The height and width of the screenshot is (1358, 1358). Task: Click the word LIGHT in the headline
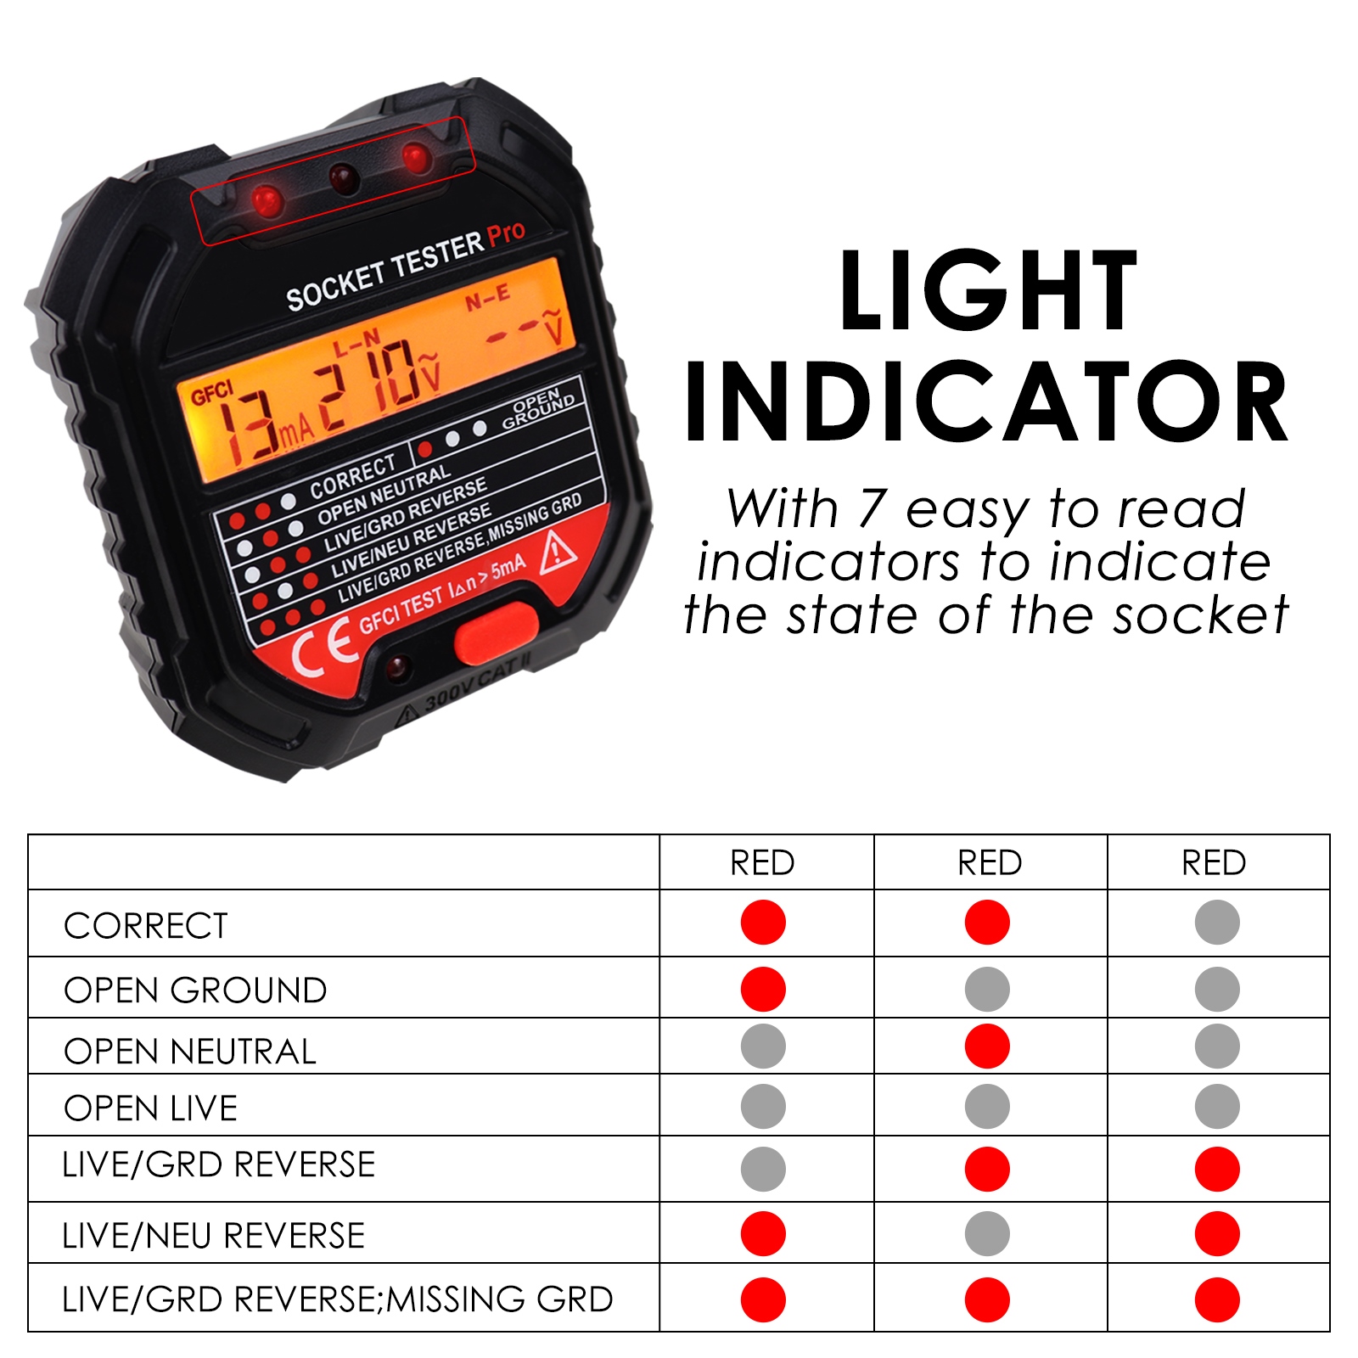pos(988,290)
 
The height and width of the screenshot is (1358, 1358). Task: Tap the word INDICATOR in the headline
pos(986,402)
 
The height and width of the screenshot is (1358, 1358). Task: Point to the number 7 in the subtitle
pos(870,508)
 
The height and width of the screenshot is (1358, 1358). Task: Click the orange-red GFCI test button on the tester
pos(496,633)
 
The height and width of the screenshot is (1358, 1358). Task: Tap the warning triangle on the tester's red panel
pos(558,549)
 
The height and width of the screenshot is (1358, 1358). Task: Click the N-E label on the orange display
pos(487,298)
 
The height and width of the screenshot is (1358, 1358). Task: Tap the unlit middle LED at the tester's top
pos(344,179)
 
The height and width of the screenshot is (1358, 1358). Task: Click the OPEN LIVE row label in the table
pos(150,1108)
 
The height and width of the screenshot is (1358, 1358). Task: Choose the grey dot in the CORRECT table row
pos(1216,923)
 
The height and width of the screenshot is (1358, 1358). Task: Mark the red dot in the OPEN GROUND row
pos(762,989)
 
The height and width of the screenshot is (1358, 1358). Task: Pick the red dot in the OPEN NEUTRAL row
pos(987,1046)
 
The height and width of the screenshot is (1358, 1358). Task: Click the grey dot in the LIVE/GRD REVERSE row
pos(762,1169)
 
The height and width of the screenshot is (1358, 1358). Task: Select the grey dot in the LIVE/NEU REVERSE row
pos(987,1233)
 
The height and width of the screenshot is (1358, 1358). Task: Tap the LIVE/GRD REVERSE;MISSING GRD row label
pos(337,1299)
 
